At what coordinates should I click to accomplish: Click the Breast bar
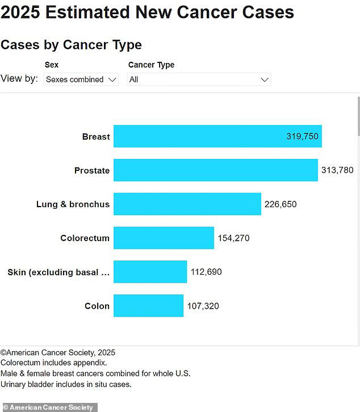coord(199,136)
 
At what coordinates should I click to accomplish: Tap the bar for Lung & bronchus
coord(187,204)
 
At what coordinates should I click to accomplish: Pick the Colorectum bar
coord(164,238)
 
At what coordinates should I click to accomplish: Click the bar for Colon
coord(148,306)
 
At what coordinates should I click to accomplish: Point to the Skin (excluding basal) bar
coord(150,272)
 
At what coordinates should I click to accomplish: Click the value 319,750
coord(302,137)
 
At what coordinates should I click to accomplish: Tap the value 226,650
coord(281,204)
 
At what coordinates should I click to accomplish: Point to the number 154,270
coord(233,238)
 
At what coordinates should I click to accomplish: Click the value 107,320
coord(203,306)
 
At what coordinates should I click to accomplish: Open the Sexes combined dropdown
coord(81,79)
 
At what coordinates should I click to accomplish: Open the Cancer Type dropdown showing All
coord(199,79)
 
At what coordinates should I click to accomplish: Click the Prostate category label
coord(92,170)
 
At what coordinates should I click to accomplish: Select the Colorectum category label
coord(85,238)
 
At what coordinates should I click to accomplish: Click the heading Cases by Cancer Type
coord(71,45)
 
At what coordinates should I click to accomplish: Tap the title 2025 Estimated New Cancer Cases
coord(147,12)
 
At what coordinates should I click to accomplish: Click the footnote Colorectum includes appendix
coord(53,363)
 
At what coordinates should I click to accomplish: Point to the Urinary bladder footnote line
coord(66,384)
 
